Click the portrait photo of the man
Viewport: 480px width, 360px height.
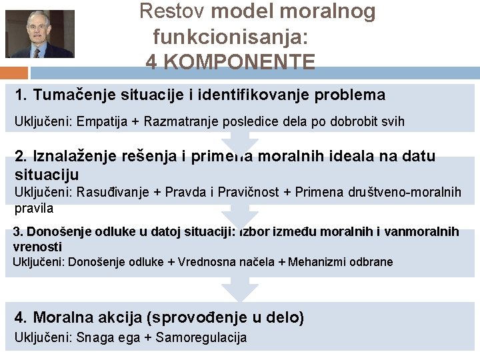pyautogui.click(x=40, y=33)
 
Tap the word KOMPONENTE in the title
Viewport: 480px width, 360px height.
pyautogui.click(x=240, y=62)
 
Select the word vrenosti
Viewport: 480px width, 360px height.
pyautogui.click(x=38, y=246)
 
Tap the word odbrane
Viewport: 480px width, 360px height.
pyautogui.click(x=371, y=262)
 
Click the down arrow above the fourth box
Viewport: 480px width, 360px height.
pyautogui.click(x=240, y=289)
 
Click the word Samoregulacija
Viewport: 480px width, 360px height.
pyautogui.click(x=201, y=338)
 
